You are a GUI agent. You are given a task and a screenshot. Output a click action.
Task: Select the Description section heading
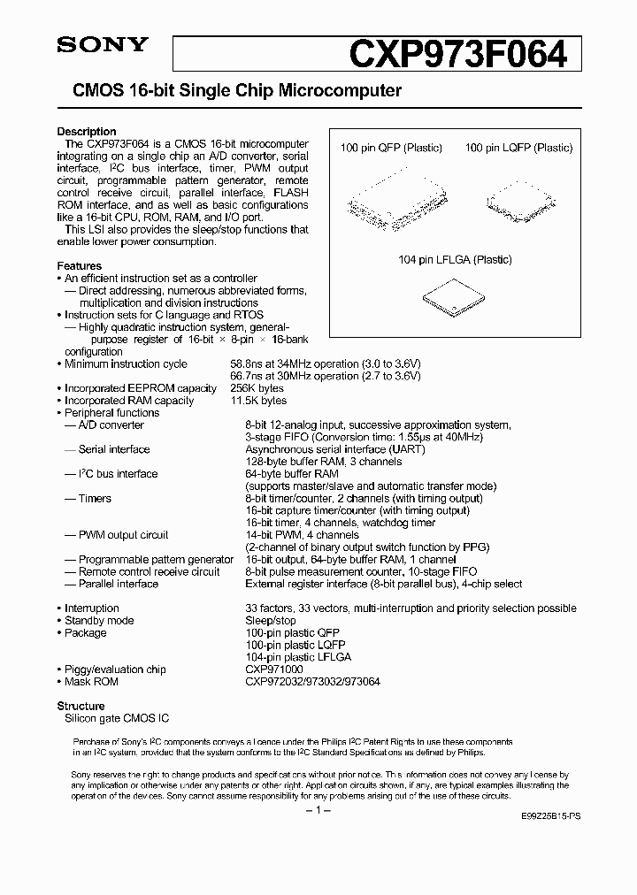(87, 132)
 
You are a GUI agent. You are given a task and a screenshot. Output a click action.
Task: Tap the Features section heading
(80, 265)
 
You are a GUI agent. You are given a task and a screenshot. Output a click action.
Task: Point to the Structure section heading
(81, 706)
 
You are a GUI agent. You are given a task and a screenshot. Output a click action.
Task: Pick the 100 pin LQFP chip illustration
(518, 197)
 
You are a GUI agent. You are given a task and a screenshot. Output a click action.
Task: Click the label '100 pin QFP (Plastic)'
(391, 148)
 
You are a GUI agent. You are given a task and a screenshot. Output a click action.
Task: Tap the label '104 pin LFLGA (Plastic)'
(455, 260)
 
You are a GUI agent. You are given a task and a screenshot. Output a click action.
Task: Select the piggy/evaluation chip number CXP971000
(275, 669)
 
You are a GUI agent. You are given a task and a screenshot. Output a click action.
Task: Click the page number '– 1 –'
(318, 811)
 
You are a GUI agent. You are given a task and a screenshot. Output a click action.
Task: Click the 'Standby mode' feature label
(99, 621)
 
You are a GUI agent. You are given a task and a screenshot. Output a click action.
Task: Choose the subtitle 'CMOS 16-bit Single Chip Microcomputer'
(230, 91)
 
